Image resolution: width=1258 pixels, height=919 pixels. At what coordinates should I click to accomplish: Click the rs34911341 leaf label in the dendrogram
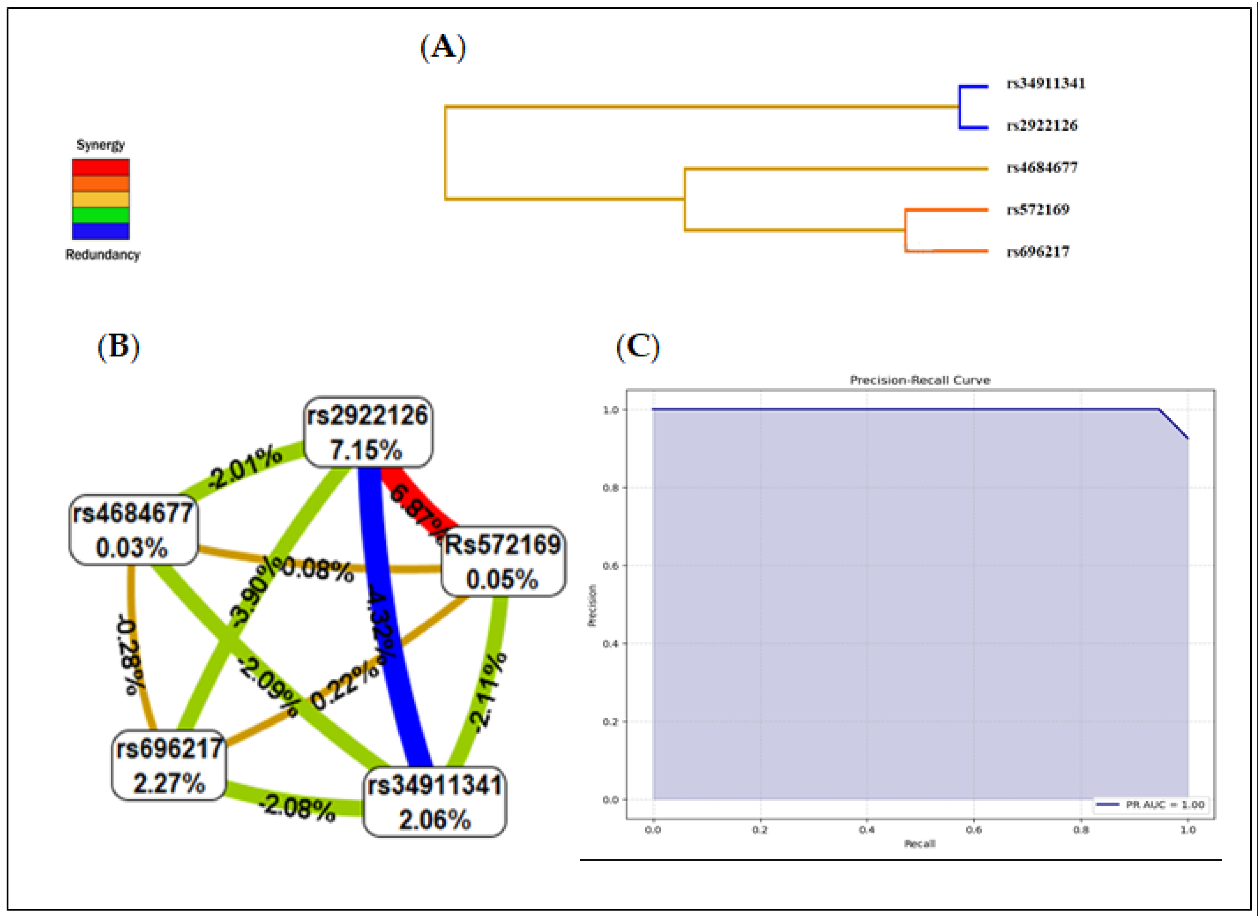point(1045,84)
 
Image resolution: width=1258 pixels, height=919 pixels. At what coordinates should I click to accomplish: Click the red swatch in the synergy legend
point(101,167)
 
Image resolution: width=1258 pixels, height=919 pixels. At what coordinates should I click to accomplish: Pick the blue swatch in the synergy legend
point(101,231)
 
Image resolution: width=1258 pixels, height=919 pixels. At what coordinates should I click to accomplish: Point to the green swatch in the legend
point(101,215)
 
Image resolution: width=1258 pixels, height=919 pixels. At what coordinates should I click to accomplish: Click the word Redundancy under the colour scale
point(102,255)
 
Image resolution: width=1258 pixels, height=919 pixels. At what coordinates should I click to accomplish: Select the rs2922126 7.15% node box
point(368,432)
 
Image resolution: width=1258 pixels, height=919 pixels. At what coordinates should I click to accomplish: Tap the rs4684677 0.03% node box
point(133,530)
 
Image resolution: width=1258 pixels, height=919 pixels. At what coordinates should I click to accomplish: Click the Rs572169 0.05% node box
point(502,561)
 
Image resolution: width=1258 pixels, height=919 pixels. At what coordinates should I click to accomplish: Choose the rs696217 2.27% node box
point(169,766)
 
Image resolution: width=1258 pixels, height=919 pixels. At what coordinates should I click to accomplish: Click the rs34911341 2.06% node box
point(435,802)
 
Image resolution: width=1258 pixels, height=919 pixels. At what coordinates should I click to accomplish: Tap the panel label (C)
point(637,347)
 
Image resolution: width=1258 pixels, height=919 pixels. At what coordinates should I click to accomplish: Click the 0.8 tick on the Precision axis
point(610,488)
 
